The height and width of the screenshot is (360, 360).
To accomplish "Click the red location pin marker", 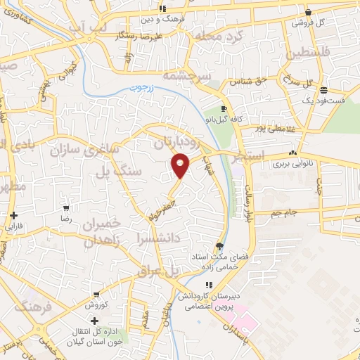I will point(181,165).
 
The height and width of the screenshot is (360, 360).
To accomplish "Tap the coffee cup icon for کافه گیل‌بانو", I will point(224,109).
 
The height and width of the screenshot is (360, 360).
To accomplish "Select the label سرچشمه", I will point(186,74).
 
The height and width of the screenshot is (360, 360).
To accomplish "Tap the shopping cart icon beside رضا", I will point(66,208).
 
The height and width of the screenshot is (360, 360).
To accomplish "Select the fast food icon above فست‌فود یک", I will point(323,90).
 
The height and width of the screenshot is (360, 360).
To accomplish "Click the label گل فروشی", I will point(313,22).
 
